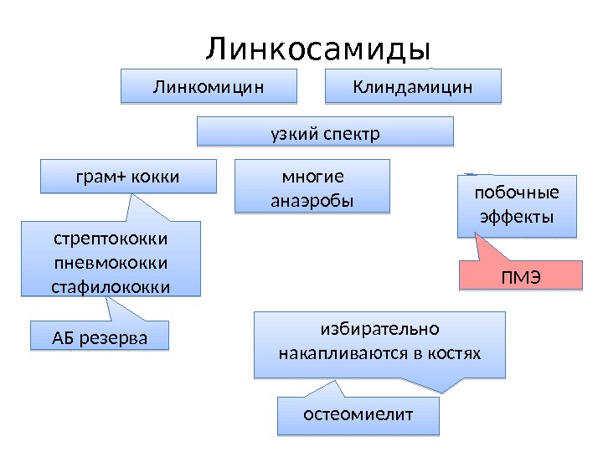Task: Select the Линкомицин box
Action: point(209,86)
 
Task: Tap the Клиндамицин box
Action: point(412,86)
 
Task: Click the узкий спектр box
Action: point(325,133)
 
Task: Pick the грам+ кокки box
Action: point(128,177)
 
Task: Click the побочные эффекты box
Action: point(518,206)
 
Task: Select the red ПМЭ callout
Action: point(520,275)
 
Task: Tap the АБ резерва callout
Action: point(99,338)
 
